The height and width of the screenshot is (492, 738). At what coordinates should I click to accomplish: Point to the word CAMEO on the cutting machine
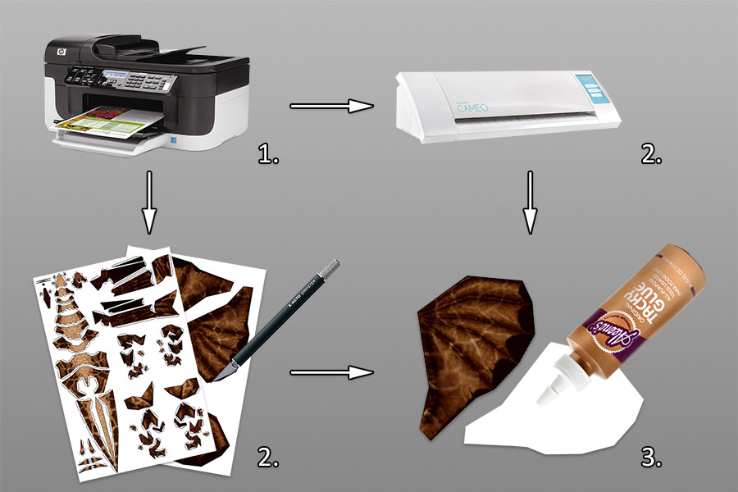pyautogui.click(x=481, y=102)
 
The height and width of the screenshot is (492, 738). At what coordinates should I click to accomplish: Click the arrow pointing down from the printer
pyautogui.click(x=148, y=201)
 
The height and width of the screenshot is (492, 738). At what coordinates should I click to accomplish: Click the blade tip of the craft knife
pyautogui.click(x=215, y=378)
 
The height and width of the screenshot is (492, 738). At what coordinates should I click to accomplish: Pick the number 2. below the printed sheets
pyautogui.click(x=271, y=456)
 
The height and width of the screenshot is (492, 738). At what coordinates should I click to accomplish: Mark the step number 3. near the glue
pyautogui.click(x=651, y=456)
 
